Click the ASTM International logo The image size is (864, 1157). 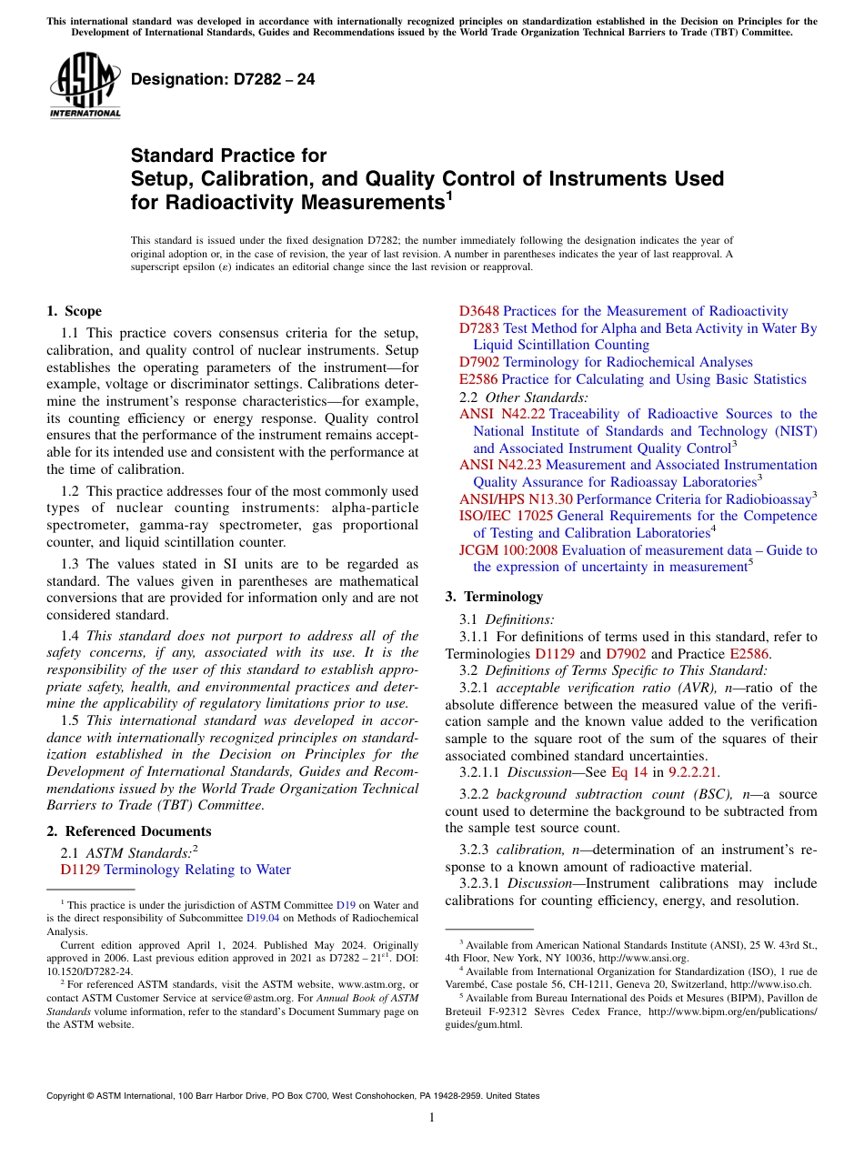(85, 86)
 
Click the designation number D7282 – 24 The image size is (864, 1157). (224, 79)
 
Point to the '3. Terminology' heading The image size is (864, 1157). (494, 597)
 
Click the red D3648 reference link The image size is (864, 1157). (479, 311)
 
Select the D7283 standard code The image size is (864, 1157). (479, 328)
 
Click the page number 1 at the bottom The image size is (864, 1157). (432, 1118)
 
